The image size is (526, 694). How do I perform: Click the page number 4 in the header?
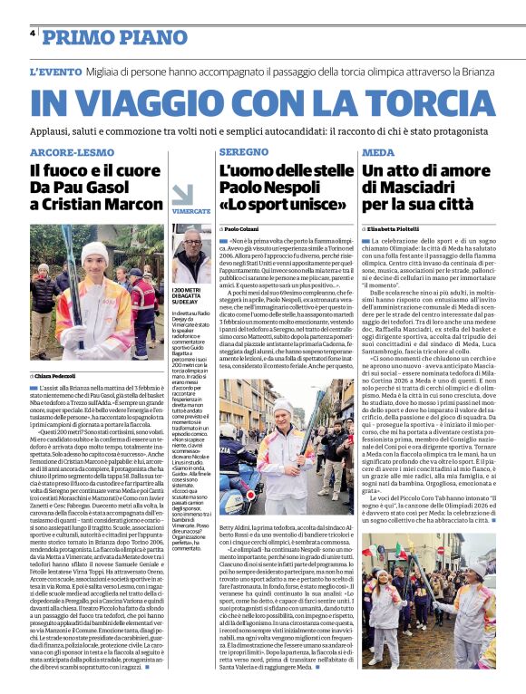(33, 33)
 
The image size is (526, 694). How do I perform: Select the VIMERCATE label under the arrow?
(191, 211)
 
